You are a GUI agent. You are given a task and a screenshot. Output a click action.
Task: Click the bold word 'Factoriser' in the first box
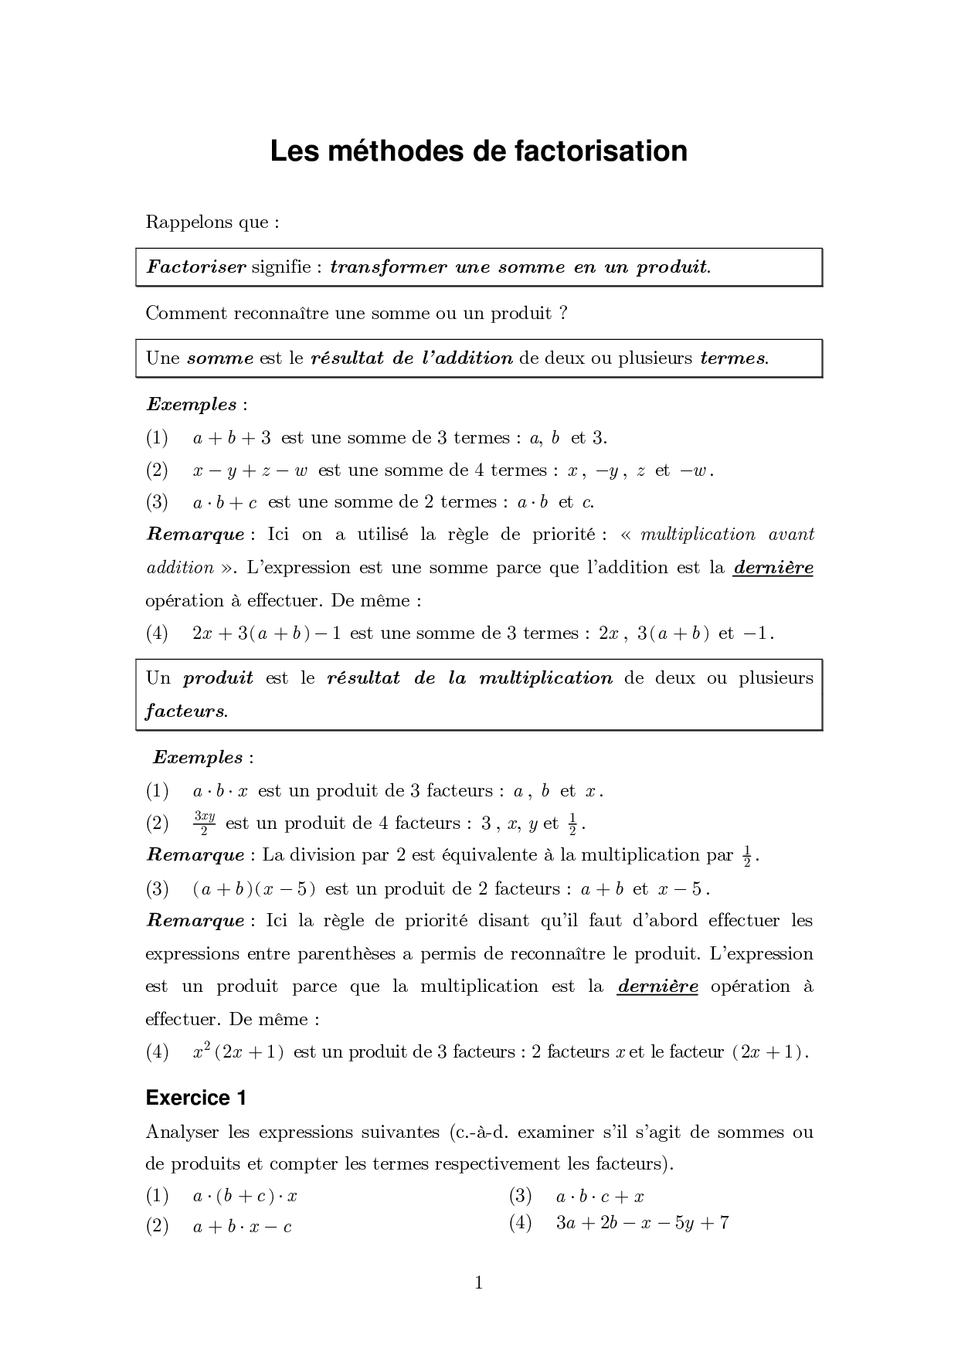[x=196, y=267]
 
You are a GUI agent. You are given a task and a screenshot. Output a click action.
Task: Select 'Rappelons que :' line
[x=212, y=222]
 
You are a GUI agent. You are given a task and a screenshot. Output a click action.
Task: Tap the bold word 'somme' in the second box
[x=220, y=358]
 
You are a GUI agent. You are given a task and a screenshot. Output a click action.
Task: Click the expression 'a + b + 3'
[x=231, y=438]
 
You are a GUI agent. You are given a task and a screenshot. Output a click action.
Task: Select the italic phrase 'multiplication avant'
[x=727, y=535]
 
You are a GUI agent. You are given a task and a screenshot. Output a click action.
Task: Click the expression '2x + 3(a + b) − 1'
[x=267, y=633]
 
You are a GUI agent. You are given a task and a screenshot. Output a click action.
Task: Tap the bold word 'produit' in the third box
[x=218, y=678]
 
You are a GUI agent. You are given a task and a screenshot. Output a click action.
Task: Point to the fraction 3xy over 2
[x=204, y=823]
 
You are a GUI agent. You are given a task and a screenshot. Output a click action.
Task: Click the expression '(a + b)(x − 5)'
[x=253, y=889]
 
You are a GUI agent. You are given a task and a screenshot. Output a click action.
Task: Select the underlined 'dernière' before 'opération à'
[x=657, y=987]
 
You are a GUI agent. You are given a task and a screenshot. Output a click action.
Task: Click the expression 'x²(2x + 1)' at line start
[x=238, y=1052]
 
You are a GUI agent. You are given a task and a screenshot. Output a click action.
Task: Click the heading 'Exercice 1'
[x=195, y=1098]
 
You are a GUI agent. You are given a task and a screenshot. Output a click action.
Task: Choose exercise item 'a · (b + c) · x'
[x=245, y=1197]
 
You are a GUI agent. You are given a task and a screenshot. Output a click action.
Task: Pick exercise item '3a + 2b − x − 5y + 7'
[x=642, y=1223]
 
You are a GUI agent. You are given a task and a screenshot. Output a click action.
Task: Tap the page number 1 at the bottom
[x=478, y=1283]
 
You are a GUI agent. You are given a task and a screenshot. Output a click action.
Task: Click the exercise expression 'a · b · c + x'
[x=600, y=1197]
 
